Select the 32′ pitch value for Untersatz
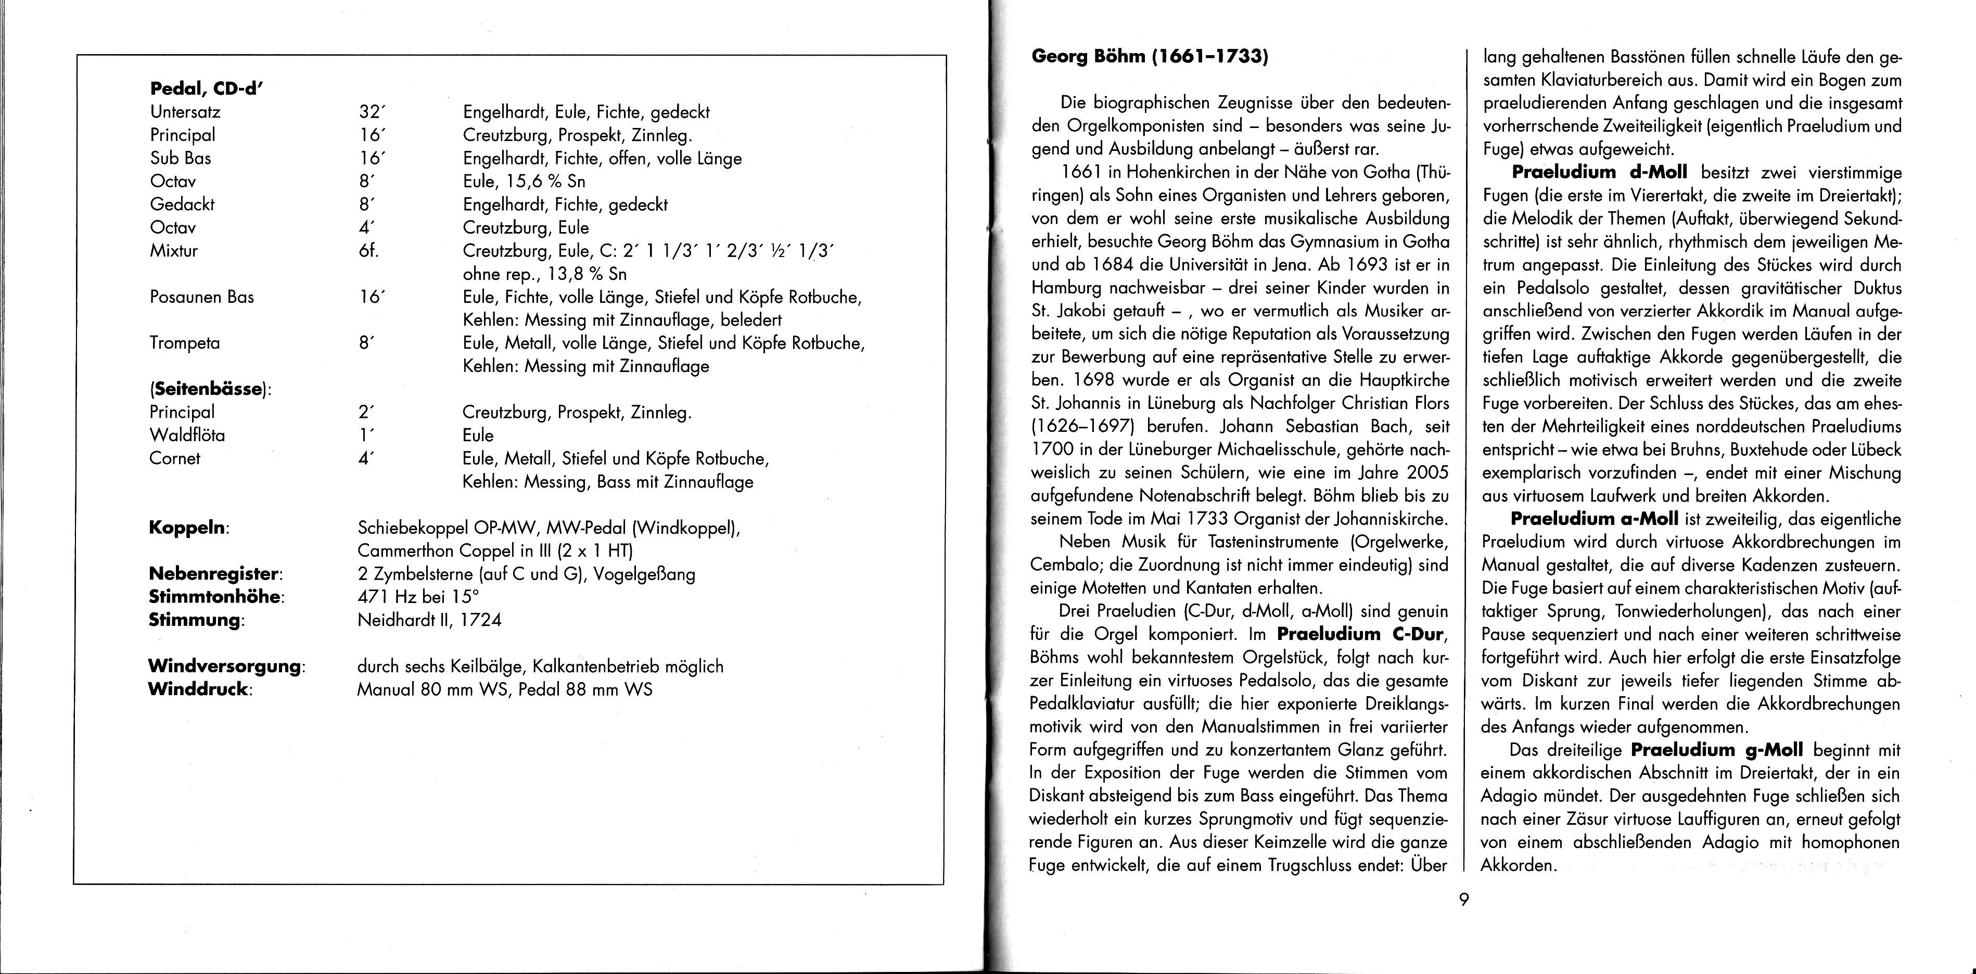[x=371, y=112]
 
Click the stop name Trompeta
[x=185, y=343]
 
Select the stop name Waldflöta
[x=188, y=435]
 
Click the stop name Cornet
[x=175, y=458]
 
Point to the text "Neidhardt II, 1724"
[x=429, y=620]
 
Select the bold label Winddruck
[x=199, y=689]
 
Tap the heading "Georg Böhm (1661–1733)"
[x=1149, y=56]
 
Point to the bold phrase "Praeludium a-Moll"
[x=1594, y=518]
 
